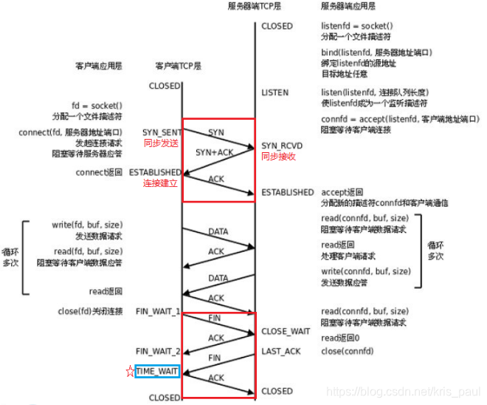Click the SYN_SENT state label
162,132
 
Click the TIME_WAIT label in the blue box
157,370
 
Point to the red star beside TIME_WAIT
129,370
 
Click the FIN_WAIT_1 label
158,311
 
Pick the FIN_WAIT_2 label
158,351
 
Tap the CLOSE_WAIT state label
286,331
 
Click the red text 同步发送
162,143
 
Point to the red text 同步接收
279,157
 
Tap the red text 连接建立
160,183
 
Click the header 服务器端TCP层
255,6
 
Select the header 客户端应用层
98,66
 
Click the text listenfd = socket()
358,26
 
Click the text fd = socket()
98,106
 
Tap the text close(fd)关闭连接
90,311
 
